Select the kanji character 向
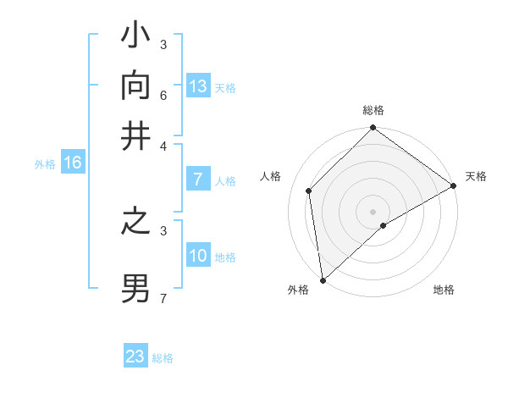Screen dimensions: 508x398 point(136,86)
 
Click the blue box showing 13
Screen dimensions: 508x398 point(198,86)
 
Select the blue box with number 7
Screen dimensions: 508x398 point(198,180)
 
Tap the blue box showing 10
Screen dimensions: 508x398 point(198,256)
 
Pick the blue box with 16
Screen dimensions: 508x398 point(73,163)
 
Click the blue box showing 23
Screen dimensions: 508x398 point(135,357)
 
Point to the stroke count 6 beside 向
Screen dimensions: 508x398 point(163,94)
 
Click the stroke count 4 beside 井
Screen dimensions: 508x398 point(163,145)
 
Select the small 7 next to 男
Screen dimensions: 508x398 point(163,297)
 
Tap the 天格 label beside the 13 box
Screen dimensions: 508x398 point(225,88)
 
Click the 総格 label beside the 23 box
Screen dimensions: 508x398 point(163,358)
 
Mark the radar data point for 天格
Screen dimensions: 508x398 point(453,186)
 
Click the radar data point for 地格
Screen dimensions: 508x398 point(384,225)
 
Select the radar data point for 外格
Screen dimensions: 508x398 point(323,280)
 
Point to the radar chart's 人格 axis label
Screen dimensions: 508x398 point(271,176)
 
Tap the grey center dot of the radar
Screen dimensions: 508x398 point(373,211)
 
